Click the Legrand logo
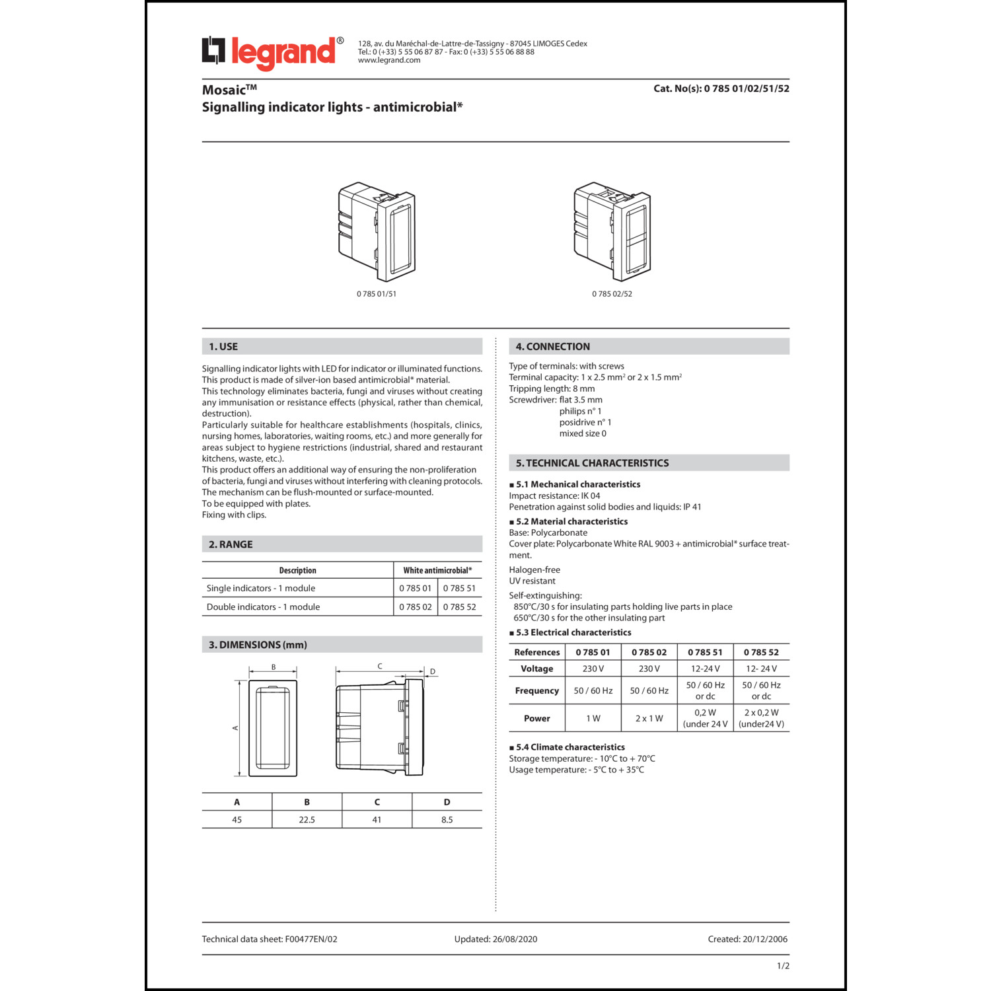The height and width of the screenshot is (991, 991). coord(272,52)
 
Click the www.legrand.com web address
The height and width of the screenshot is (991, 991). coord(389,60)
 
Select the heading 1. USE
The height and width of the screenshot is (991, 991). coord(223,346)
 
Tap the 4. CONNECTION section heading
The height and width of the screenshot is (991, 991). coord(552,346)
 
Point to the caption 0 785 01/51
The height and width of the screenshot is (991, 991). coord(377,294)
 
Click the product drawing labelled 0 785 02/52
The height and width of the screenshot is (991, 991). coord(612,231)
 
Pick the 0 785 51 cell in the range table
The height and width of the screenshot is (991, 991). coord(459,588)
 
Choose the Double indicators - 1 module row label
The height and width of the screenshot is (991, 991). coord(263,606)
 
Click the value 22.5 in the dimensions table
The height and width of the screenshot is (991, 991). coord(307,819)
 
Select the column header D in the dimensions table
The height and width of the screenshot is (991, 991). coord(447,802)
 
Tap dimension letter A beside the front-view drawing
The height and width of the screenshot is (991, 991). coord(235,728)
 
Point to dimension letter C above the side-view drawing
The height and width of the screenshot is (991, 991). coord(380,667)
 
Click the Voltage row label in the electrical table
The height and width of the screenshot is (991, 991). coord(536,669)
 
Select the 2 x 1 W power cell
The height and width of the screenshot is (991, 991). coord(649,718)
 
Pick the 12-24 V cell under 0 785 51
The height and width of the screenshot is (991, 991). coord(705,669)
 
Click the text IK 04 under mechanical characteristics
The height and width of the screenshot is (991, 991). coord(591,495)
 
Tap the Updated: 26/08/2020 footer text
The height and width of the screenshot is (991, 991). coord(495,939)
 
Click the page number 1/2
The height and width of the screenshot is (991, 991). coord(783,966)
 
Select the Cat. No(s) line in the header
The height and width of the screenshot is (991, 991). coord(721,89)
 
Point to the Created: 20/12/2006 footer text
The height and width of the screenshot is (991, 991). coord(747,939)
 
